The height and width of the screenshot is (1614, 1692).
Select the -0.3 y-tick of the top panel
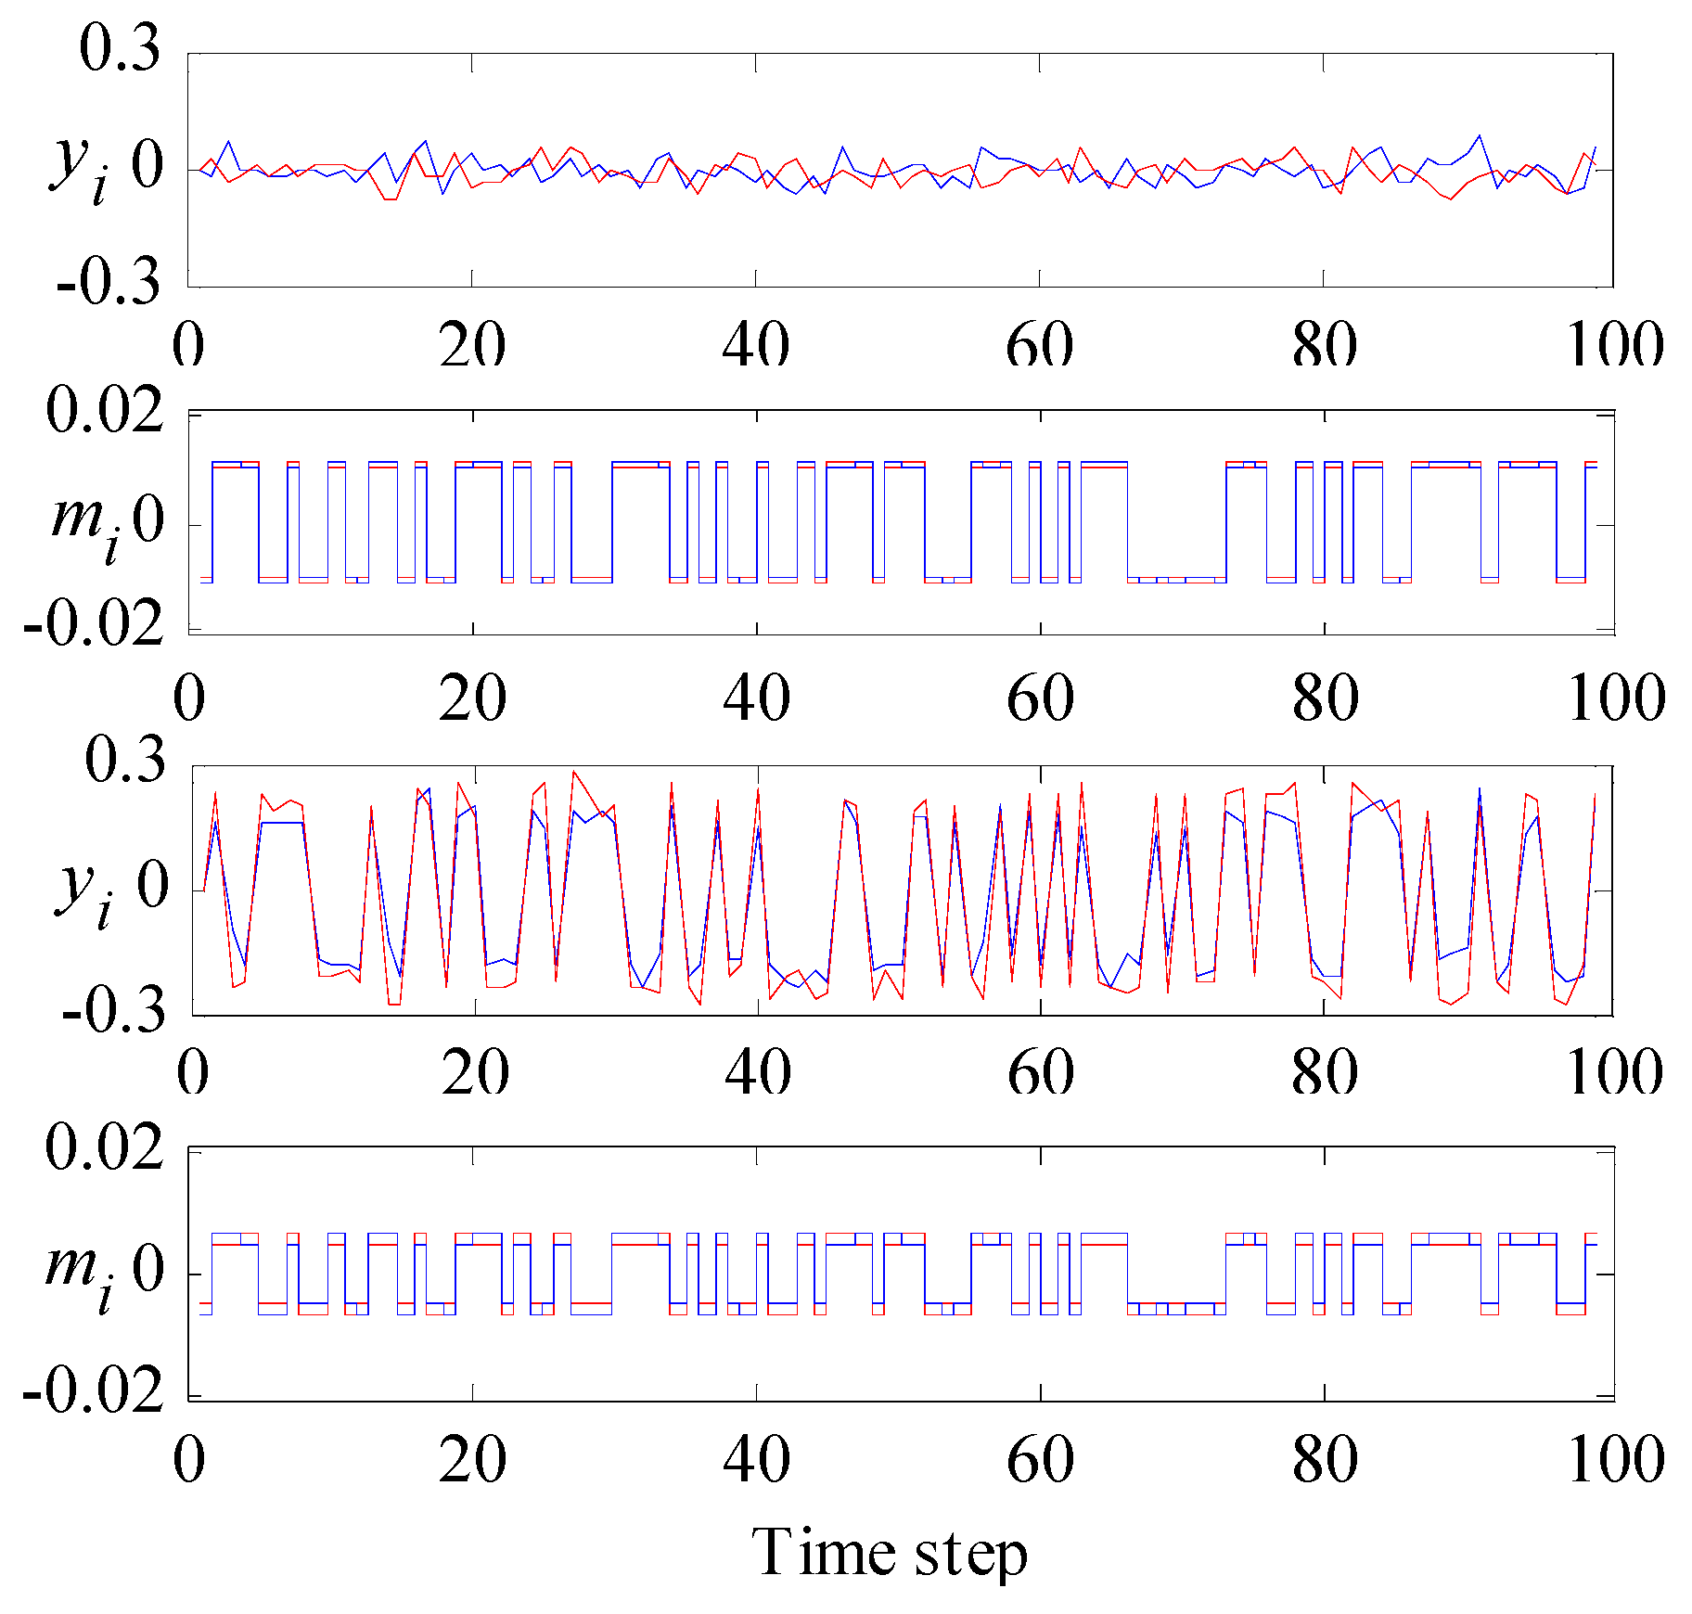pos(109,282)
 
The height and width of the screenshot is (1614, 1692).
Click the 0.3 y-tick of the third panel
pos(125,761)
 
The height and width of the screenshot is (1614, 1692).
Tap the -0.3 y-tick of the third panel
pos(114,1011)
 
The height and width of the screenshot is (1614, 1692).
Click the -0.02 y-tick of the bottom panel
pos(94,1393)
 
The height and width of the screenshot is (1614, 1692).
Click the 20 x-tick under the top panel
pos(473,346)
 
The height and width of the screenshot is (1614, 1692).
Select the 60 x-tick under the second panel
pos(1041,698)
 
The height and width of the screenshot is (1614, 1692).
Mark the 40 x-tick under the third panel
pos(758,1073)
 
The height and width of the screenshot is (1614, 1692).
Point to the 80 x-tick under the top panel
pos(1325,346)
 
